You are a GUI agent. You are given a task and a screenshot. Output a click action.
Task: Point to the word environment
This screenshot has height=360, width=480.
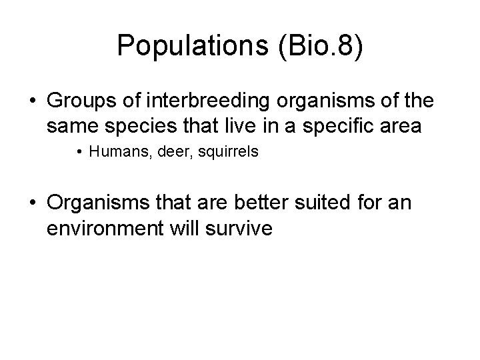pos(106,227)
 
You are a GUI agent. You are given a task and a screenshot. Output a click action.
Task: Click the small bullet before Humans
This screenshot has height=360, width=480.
pos(80,153)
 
